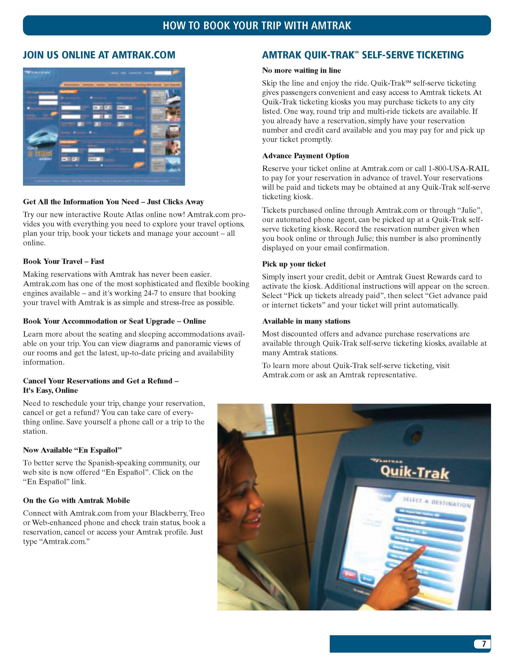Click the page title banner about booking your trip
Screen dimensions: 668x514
(x=257, y=25)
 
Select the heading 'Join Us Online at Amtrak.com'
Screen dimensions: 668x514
(x=99, y=55)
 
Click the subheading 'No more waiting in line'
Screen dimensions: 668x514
(x=301, y=71)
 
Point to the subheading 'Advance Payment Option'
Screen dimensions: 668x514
(x=305, y=156)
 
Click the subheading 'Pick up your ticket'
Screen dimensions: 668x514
(x=294, y=264)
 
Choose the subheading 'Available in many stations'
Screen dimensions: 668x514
(x=306, y=321)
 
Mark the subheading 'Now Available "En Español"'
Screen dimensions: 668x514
(x=72, y=450)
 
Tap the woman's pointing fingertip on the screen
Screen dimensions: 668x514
(x=423, y=548)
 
